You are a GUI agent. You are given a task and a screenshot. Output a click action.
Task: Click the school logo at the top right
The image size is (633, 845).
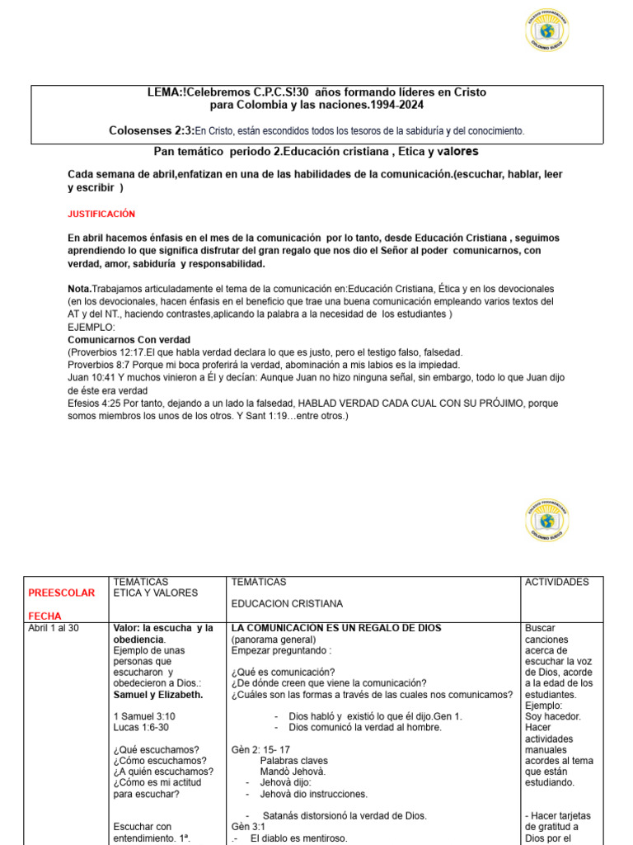pos(546,30)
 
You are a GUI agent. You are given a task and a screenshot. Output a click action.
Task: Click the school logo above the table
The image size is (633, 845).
pos(546,521)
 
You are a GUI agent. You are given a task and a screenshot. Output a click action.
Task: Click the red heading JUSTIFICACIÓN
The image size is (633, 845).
pos(101,214)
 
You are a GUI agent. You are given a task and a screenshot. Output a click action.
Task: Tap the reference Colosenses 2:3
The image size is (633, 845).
pos(151,130)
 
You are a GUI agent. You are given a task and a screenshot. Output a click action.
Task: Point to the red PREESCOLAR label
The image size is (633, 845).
pos(62,592)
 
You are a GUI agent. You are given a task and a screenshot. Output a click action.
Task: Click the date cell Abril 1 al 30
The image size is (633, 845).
pos(54,628)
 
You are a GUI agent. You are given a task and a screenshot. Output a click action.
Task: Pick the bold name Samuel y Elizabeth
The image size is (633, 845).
pos(158,694)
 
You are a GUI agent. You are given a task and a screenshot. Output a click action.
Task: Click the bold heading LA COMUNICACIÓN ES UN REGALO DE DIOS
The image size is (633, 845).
pos(336,628)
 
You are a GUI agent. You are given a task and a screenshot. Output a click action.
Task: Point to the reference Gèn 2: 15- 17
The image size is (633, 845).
pos(260,749)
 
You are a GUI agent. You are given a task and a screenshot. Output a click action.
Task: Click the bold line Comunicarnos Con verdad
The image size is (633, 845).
pos(129,339)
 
